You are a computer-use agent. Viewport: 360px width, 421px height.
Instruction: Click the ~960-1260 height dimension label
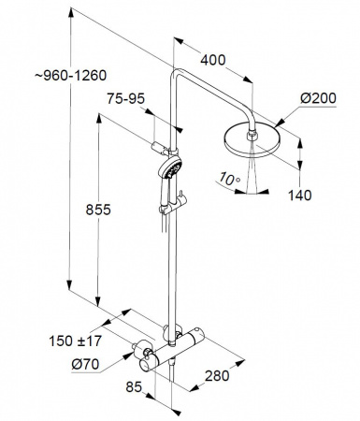point(71,76)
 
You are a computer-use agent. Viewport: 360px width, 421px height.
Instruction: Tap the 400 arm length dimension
point(213,60)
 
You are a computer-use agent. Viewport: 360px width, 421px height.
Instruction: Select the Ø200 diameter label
point(318,98)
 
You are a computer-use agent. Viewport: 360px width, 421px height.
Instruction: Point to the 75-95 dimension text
point(126,99)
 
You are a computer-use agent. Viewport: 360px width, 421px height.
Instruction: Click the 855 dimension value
point(98,210)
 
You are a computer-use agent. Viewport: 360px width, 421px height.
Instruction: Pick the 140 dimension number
point(299,196)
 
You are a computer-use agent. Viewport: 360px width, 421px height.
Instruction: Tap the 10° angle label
point(229,179)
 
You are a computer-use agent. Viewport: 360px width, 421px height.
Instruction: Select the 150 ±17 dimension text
point(76,341)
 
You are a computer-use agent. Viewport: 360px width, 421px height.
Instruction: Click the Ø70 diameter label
point(85,364)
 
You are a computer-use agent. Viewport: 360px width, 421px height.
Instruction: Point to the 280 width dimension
point(217,376)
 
